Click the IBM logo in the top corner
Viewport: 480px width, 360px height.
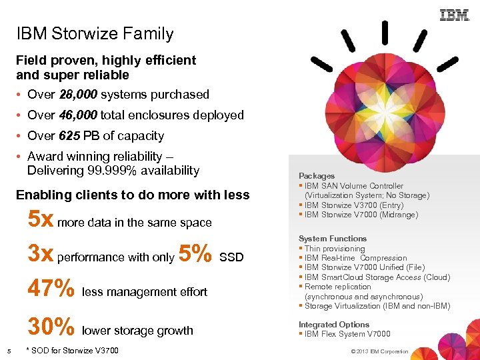[455, 15]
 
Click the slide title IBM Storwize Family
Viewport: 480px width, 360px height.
[95, 34]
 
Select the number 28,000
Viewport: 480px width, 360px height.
[78, 95]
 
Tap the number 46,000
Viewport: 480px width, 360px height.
[78, 115]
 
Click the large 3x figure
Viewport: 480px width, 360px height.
[41, 253]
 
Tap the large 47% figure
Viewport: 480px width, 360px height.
[51, 289]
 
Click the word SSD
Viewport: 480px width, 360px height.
[231, 257]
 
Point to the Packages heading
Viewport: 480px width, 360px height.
[317, 176]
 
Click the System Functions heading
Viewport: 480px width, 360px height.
[333, 239]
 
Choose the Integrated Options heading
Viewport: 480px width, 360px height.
[334, 325]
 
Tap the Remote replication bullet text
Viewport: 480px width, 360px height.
[337, 287]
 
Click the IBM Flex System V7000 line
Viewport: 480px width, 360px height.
[347, 334]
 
